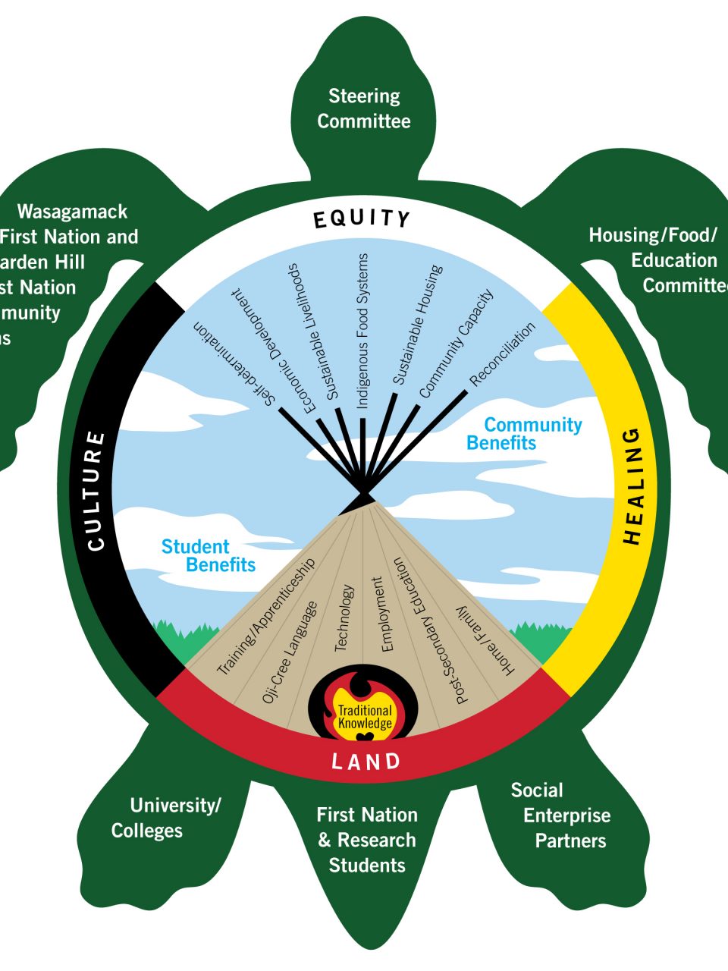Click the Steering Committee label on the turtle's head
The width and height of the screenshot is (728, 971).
click(364, 108)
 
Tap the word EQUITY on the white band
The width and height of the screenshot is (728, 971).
click(362, 218)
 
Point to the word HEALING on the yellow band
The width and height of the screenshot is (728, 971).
click(632, 486)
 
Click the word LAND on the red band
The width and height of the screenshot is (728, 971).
click(366, 761)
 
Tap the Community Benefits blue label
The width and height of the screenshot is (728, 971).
click(523, 434)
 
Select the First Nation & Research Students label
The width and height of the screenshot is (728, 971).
click(367, 840)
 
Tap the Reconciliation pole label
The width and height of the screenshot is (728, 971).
click(503, 354)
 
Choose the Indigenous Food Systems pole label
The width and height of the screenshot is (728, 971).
click(363, 331)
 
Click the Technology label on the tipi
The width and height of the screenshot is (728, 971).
click(344, 617)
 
